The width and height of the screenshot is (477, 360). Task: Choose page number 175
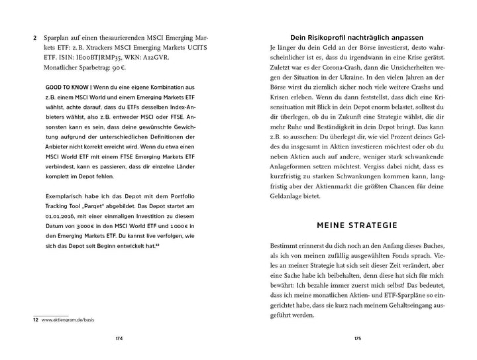(358, 339)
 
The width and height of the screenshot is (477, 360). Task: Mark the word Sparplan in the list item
(56, 38)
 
